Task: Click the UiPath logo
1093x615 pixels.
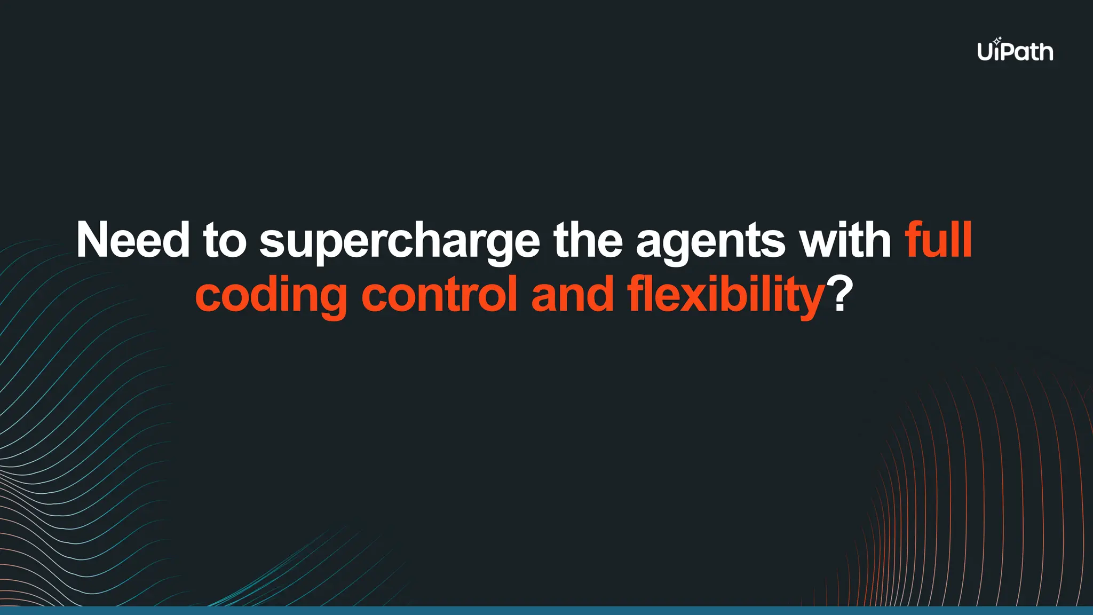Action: click(x=1015, y=51)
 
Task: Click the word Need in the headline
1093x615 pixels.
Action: click(x=133, y=240)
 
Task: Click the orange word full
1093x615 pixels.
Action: click(x=938, y=240)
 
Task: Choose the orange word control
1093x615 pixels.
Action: click(x=439, y=295)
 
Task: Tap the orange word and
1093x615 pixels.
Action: click(x=573, y=295)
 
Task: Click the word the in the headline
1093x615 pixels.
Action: click(x=588, y=240)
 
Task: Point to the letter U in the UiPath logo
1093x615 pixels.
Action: click(x=985, y=52)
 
